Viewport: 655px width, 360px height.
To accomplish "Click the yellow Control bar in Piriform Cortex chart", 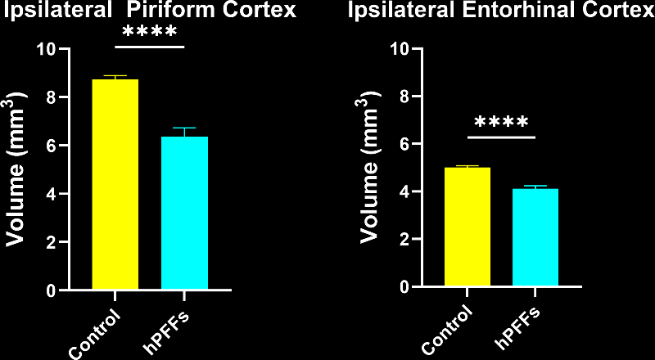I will coord(115,184).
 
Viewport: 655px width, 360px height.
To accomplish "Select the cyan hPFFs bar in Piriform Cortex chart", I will coord(184,213).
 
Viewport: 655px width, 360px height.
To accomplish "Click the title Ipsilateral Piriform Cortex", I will coord(148,11).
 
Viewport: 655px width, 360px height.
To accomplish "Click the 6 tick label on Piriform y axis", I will coord(51,146).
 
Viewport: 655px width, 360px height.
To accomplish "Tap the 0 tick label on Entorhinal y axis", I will coord(404,287).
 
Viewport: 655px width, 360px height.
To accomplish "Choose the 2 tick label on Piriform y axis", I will coord(51,243).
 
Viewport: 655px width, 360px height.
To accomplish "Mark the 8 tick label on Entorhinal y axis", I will coord(404,96).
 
